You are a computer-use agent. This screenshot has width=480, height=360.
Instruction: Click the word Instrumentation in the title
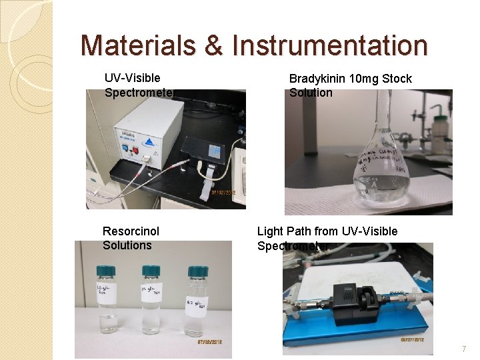coord(330,45)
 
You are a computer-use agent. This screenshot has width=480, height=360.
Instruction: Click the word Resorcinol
coord(131,231)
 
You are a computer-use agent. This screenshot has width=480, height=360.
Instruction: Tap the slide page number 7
coord(464,349)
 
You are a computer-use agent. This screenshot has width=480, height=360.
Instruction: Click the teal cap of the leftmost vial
coord(107,271)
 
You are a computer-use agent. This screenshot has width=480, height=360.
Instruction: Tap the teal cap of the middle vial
coord(151,271)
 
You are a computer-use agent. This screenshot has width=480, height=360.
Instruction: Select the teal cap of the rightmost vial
coord(197,272)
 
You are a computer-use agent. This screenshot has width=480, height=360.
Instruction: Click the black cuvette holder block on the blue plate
coord(353,305)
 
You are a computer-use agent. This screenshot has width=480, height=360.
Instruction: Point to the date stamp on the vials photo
coord(208,342)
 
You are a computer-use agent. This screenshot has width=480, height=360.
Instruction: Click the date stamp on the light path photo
coord(413,339)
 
